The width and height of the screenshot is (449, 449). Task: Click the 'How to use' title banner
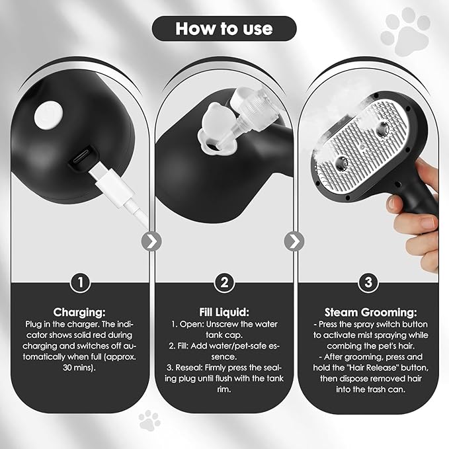click(x=224, y=28)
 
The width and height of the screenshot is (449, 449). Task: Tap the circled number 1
click(x=81, y=282)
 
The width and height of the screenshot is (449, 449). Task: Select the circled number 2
click(x=224, y=282)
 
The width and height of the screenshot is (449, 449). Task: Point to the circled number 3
click(x=368, y=282)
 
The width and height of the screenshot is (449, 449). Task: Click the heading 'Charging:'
click(x=79, y=312)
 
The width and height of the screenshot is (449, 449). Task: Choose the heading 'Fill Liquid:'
click(x=224, y=312)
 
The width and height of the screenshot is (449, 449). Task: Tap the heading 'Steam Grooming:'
click(x=370, y=312)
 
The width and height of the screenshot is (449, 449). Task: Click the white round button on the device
click(x=48, y=115)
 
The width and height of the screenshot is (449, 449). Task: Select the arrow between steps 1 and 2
click(x=152, y=241)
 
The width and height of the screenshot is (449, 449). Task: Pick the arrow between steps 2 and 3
click(x=294, y=241)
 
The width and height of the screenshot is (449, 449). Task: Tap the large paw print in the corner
click(x=405, y=32)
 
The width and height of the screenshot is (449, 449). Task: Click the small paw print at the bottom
click(x=149, y=421)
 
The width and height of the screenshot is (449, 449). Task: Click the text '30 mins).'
click(x=79, y=368)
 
